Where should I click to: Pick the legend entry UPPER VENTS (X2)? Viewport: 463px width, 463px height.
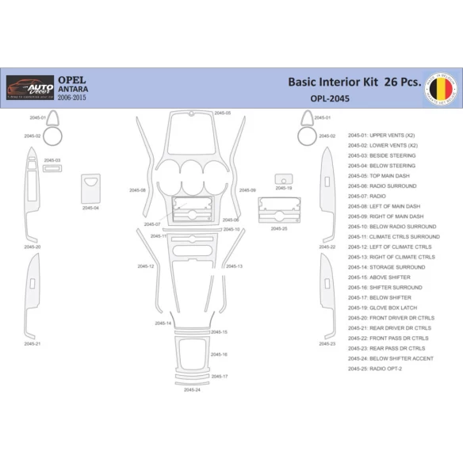[386, 135]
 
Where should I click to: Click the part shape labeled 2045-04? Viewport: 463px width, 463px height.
[90, 189]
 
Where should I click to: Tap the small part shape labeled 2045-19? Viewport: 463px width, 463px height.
[283, 181]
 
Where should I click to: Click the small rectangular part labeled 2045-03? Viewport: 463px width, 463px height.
[52, 168]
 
